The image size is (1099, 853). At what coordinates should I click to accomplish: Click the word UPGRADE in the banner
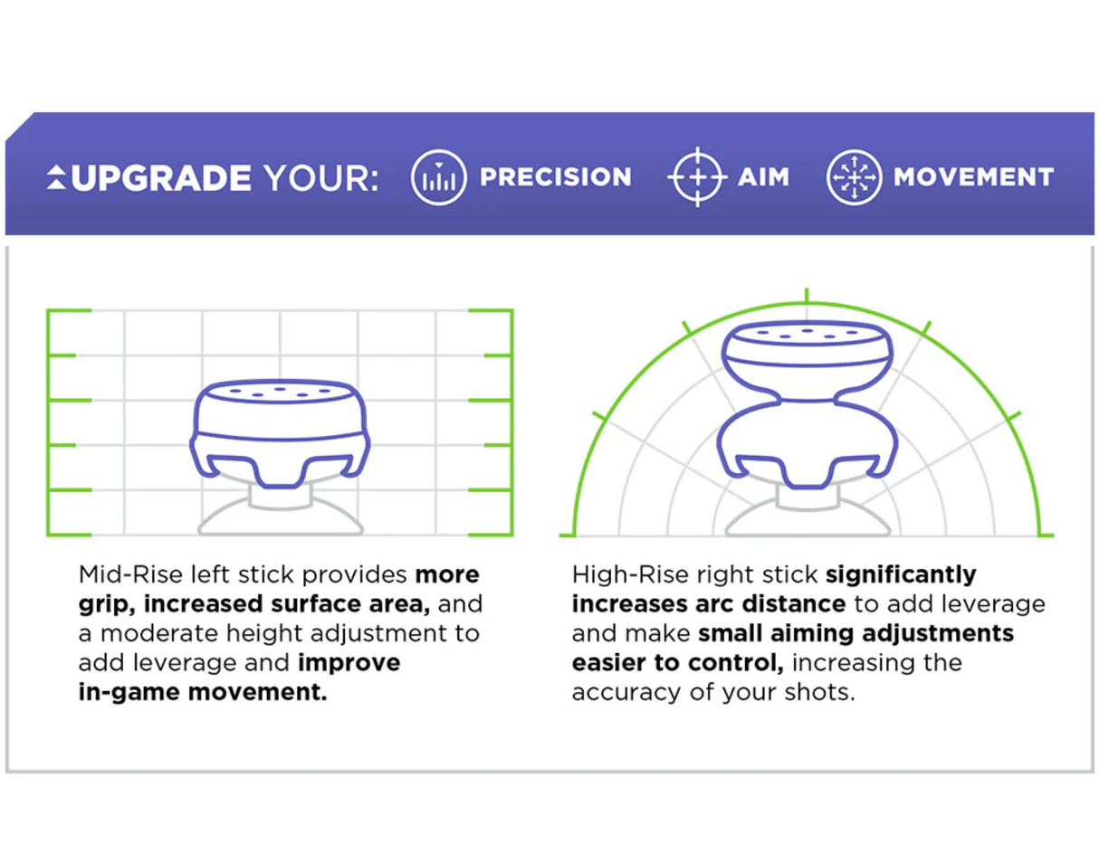pos(161,178)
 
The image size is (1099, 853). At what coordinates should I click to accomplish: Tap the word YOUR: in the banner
pos(321,178)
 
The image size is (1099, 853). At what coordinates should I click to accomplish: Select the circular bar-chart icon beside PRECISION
pos(438,177)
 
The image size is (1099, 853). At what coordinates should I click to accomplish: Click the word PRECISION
pos(555,177)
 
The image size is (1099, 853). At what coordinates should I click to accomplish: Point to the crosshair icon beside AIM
pos(697,177)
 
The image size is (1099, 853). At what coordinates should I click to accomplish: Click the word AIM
pos(763,177)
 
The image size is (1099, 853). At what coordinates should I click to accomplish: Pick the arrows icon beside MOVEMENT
pos(854,177)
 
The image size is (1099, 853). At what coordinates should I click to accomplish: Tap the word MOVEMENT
pos(973,177)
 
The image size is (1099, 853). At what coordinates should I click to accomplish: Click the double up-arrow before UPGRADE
pos(56,177)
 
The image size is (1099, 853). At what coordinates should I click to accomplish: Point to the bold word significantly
pos(901,576)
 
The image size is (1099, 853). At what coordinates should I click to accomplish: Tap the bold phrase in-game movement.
pos(203,693)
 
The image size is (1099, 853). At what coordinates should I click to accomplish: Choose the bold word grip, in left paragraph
pos(107,605)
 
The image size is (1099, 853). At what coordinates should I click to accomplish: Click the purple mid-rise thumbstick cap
pos(280,433)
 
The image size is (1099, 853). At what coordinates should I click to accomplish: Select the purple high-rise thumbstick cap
pos(808,404)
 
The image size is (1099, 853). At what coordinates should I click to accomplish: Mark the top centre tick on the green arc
pos(807,295)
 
